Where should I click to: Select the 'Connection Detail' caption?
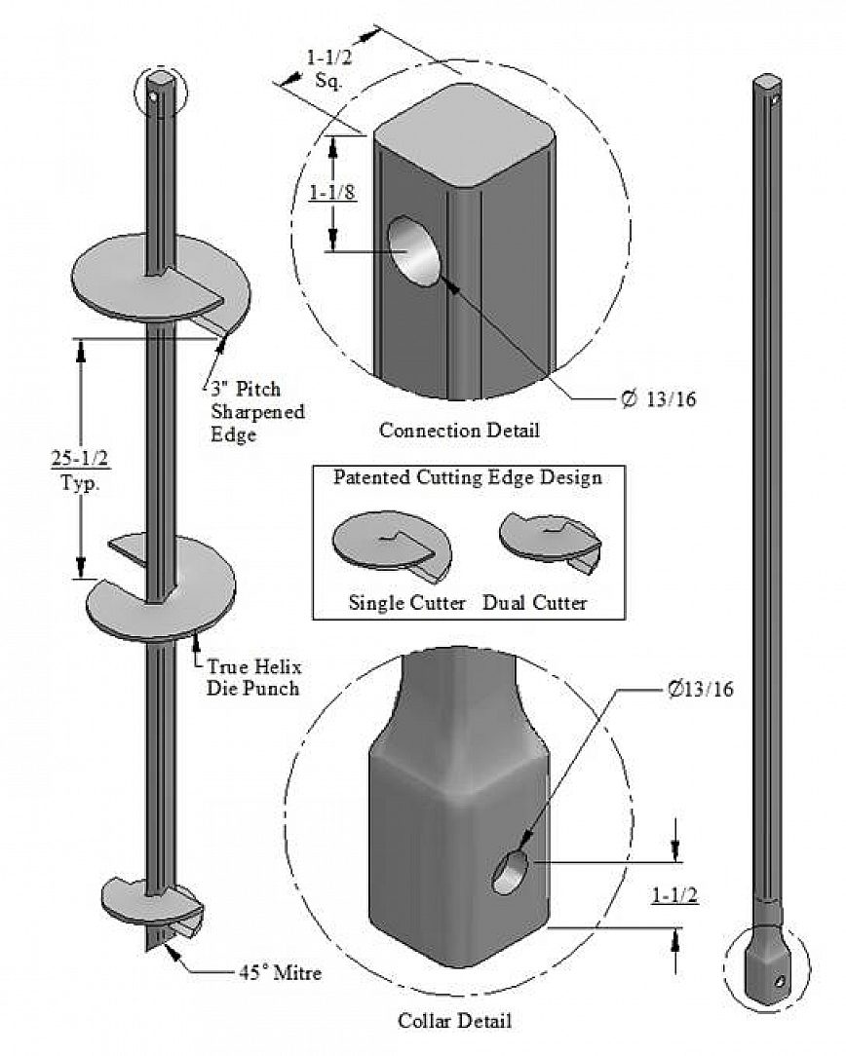458,430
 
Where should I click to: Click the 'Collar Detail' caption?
455,1021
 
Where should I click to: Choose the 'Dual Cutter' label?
535,603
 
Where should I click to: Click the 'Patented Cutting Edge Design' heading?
467,477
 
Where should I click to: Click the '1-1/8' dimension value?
331,192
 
